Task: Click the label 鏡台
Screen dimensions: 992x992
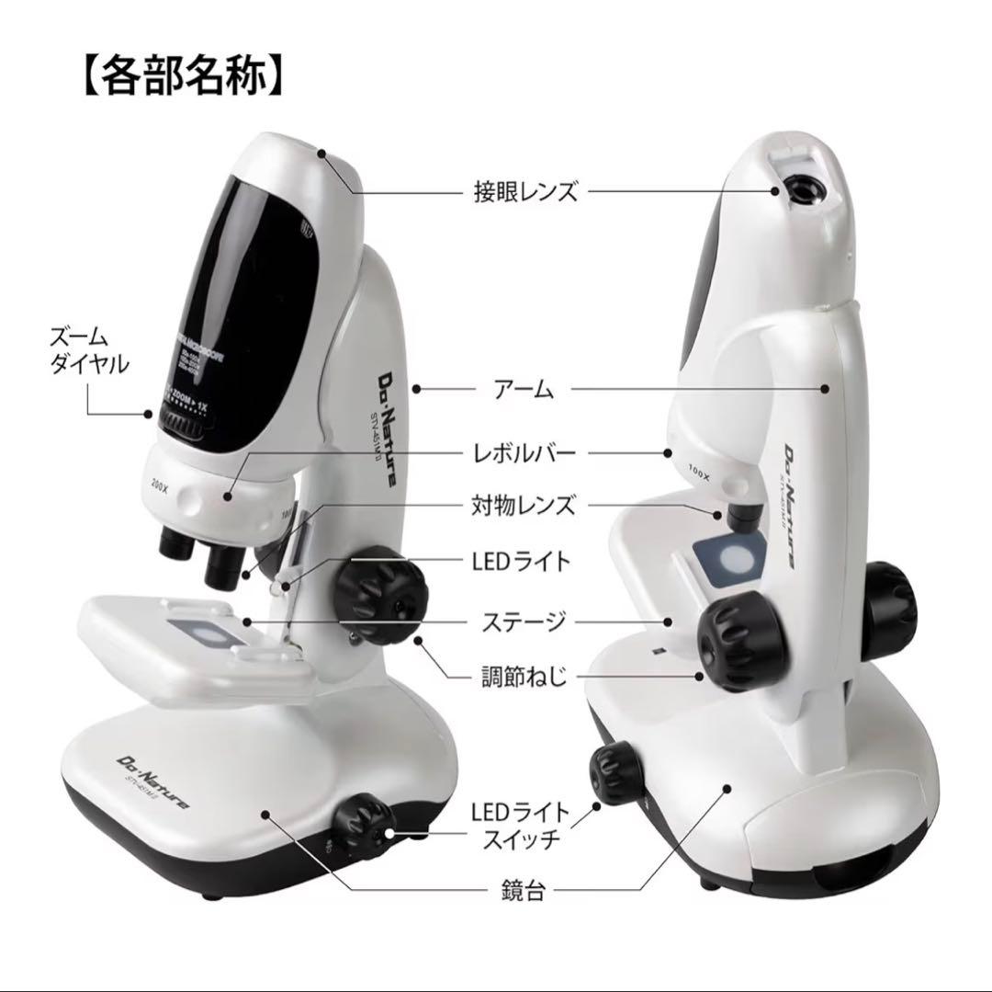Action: [x=525, y=891]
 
